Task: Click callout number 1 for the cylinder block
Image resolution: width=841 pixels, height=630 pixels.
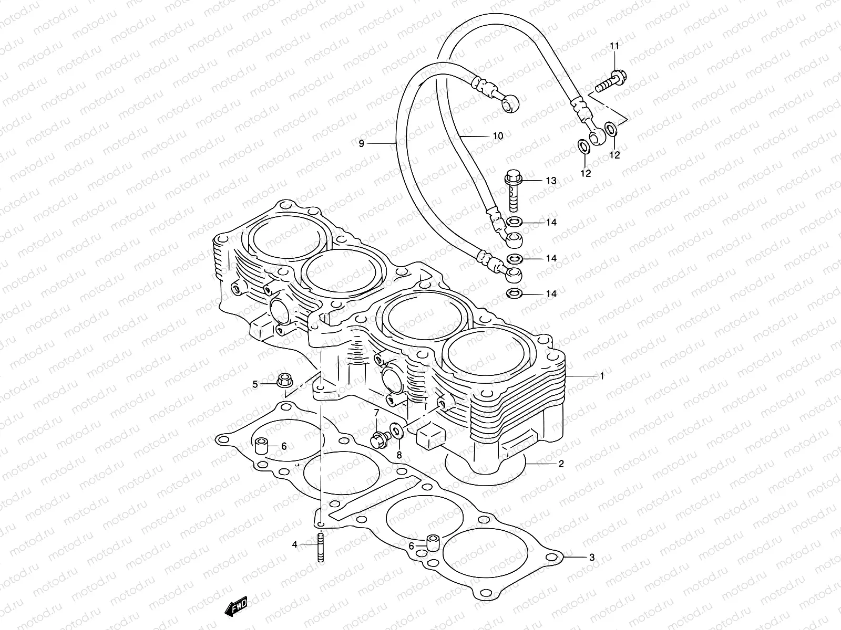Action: (602, 376)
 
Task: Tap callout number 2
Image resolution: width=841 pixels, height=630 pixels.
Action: (561, 464)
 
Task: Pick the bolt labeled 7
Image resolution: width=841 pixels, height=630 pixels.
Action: (378, 438)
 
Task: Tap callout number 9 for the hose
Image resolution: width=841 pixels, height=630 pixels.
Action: (362, 143)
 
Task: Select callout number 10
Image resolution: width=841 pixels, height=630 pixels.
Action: (498, 136)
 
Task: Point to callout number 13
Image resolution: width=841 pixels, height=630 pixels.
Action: (550, 181)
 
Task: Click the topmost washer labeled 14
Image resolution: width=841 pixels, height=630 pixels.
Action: (515, 222)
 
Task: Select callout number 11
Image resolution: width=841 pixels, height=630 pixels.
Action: (614, 47)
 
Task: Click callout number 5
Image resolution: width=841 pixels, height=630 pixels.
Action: (255, 385)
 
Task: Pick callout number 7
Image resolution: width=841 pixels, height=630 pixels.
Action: (376, 413)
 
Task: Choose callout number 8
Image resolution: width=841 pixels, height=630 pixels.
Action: (399, 455)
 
